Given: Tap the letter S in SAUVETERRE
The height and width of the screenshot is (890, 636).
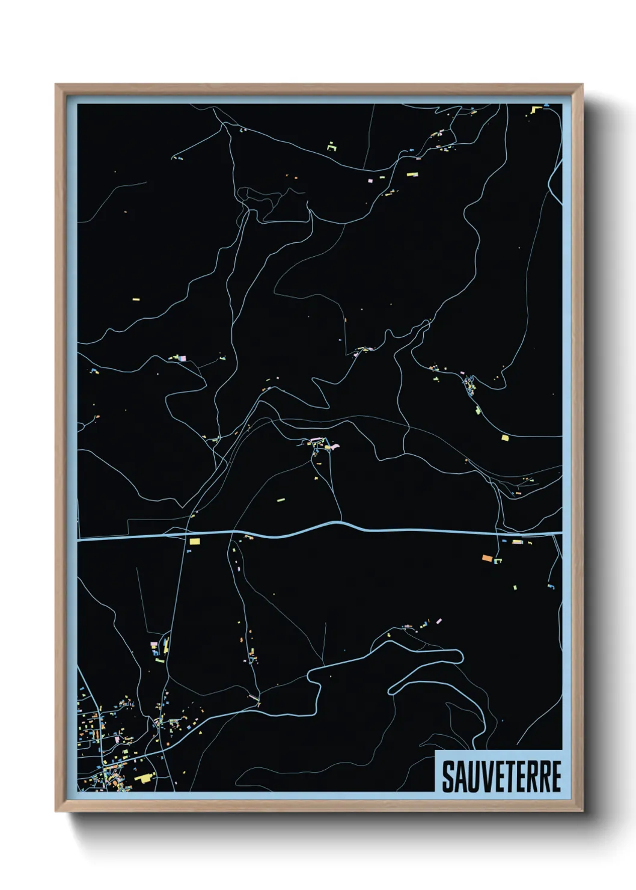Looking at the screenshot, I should point(448,776).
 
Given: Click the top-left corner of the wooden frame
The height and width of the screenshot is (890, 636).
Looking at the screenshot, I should point(56,85).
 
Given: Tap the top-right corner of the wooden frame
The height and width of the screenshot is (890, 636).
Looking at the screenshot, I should point(582,85).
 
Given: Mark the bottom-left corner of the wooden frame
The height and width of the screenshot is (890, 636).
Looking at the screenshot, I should point(56,811).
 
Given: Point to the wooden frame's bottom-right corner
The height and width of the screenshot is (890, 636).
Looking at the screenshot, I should point(582,811).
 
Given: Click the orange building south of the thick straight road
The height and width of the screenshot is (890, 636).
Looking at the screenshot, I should point(487,559).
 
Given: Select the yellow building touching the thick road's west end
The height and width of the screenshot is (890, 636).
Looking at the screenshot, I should point(194,541).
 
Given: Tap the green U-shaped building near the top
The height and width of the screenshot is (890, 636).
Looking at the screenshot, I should point(332,146).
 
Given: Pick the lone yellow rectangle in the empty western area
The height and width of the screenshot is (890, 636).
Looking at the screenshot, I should point(135,298).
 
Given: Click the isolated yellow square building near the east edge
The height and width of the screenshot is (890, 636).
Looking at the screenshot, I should point(505,438).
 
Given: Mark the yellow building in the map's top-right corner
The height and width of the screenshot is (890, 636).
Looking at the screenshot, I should point(537,109).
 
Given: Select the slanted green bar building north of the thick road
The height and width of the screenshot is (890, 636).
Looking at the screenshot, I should point(479,411).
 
